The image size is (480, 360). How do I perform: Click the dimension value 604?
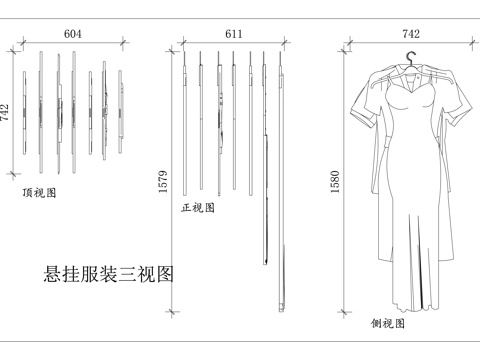(73, 33)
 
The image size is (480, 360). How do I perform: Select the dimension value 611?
(234, 33)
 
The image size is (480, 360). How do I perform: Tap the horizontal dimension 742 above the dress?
(411, 33)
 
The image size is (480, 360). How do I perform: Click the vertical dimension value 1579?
(163, 181)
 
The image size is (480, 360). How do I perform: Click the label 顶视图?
(39, 193)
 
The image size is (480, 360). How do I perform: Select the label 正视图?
(198, 209)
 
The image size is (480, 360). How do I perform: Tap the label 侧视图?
(388, 324)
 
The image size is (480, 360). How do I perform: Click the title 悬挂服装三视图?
(109, 273)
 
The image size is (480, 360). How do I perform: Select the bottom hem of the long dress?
(411, 306)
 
